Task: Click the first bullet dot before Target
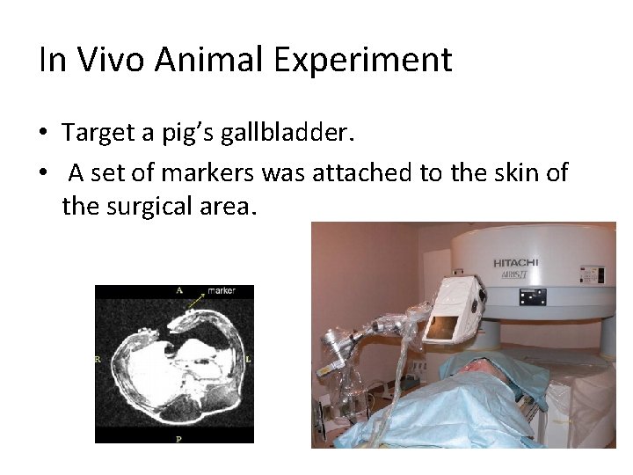click(44, 134)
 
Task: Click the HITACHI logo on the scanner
click(515, 263)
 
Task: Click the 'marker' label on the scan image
click(221, 290)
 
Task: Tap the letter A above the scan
click(178, 289)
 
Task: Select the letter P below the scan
click(178, 437)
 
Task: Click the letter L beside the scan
click(249, 359)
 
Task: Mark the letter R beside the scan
click(99, 359)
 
